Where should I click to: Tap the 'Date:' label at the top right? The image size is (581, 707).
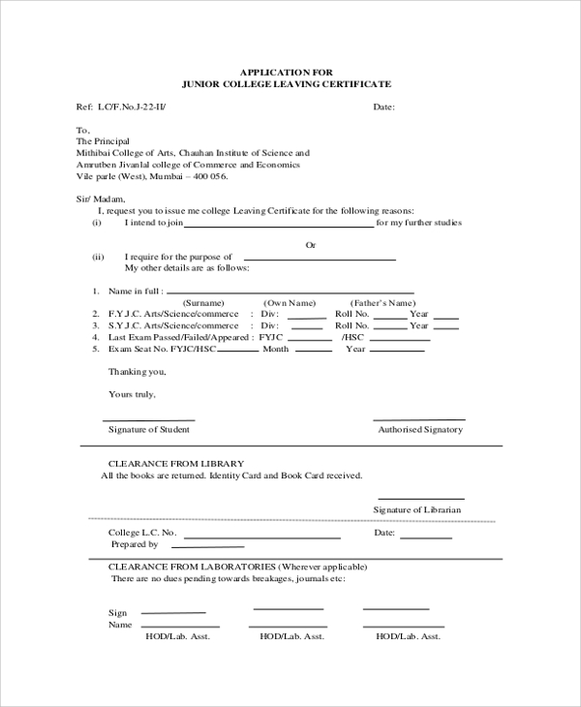[x=383, y=107]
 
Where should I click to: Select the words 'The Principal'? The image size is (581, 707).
[x=102, y=140]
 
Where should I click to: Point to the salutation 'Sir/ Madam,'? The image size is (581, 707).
[x=101, y=199]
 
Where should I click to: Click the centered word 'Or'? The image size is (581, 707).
[x=311, y=245]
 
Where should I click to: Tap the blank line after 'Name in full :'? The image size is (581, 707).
[x=290, y=291]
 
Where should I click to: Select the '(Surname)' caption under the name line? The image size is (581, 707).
[x=204, y=303]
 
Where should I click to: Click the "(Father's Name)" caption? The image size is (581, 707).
[x=382, y=303]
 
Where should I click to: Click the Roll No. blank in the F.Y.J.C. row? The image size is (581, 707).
[x=390, y=316]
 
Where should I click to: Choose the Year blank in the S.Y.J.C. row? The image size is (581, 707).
[x=445, y=327]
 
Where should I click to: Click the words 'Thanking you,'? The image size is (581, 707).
[x=136, y=372]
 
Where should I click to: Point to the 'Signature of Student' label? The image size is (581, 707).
[x=148, y=428]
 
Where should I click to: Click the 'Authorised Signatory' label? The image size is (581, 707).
[x=420, y=429]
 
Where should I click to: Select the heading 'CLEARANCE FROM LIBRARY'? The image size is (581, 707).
[x=175, y=463]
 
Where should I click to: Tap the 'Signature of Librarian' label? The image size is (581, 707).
[x=417, y=509]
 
